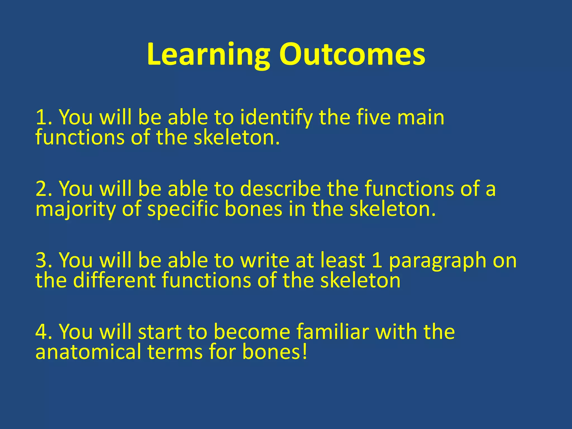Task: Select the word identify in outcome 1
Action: click(x=276, y=117)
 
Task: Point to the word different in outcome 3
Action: click(x=114, y=280)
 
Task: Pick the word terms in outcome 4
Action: click(x=175, y=352)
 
